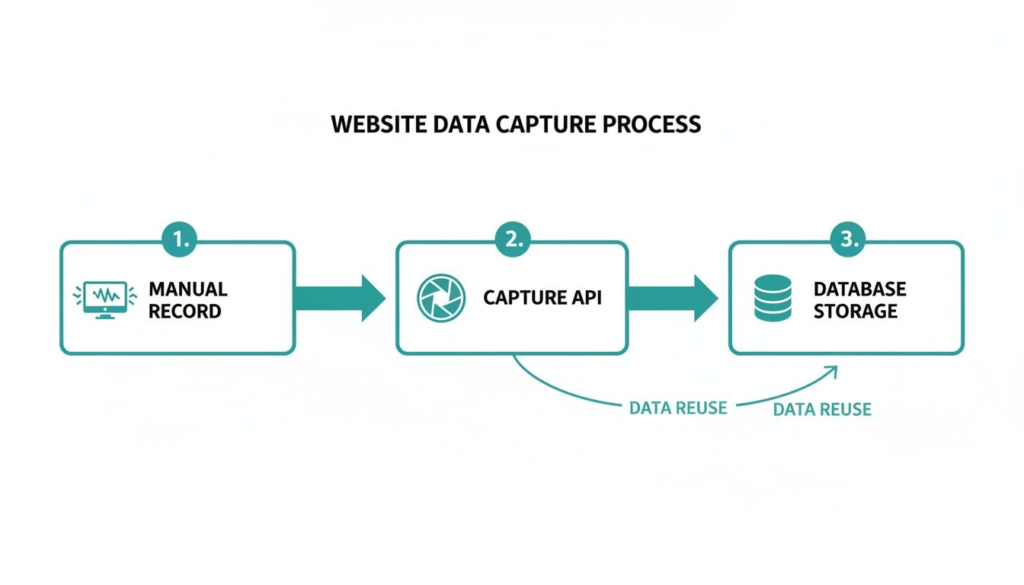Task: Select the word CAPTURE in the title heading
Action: coord(545,125)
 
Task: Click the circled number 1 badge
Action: coord(180,240)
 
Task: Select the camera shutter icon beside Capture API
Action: coord(440,298)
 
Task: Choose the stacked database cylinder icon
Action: coord(773,298)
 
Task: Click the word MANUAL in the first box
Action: coord(187,289)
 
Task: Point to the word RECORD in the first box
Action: coord(185,311)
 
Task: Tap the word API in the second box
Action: coord(583,298)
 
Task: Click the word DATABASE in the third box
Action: coord(859,289)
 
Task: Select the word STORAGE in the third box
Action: coord(855,311)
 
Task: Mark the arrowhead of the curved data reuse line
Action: coord(831,371)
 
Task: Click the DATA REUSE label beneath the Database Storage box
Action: coord(821,410)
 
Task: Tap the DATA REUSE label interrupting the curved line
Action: coord(678,408)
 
